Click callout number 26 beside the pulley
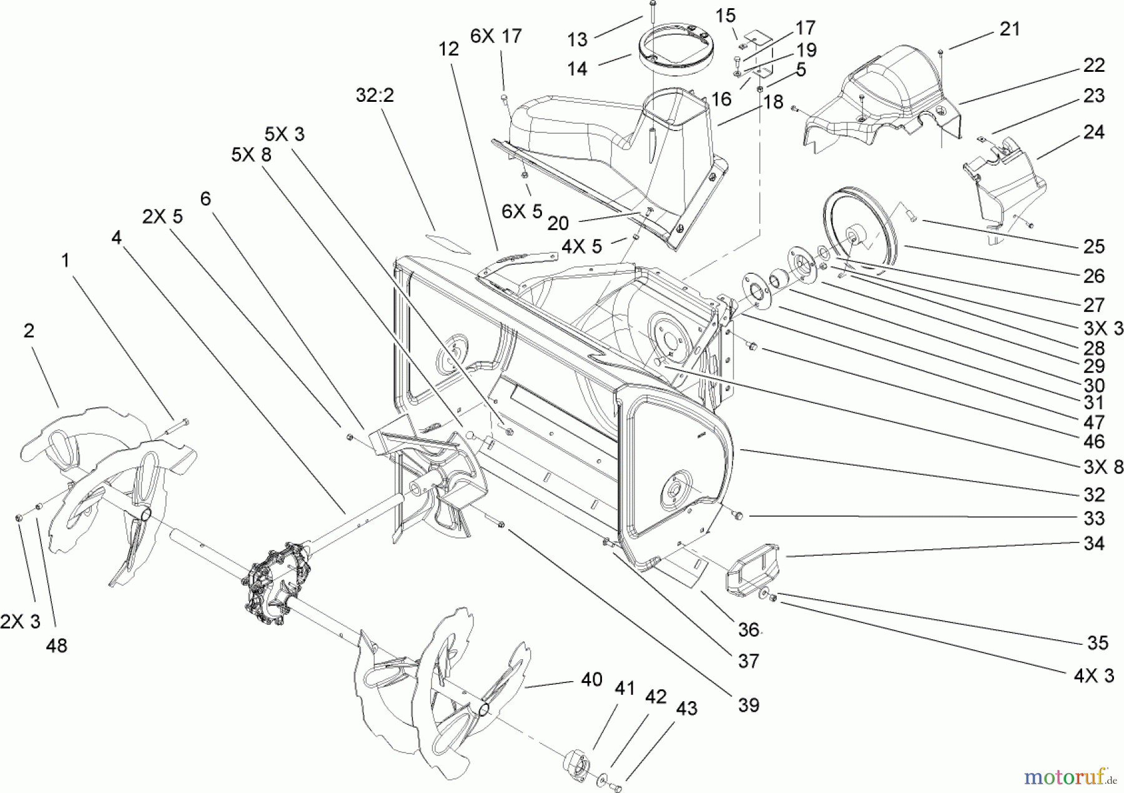1093,276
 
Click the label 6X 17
496,36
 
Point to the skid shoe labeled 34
753,569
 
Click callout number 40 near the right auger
592,679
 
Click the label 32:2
375,96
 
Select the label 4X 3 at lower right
1090,675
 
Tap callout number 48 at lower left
56,646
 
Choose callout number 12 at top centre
448,49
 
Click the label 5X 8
251,154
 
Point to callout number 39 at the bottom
748,705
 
